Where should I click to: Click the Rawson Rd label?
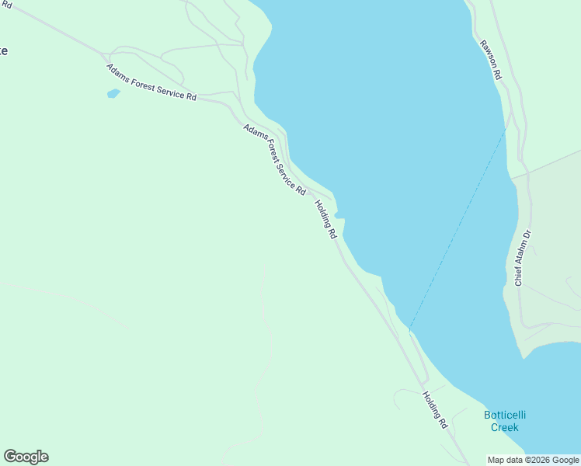pos(492,61)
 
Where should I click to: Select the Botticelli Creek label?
pos(504,421)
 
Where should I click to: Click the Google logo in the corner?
pos(26,457)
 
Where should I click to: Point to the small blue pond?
pos(113,94)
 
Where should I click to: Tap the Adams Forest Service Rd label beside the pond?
pos(151,82)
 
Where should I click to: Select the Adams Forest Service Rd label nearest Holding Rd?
pos(274,159)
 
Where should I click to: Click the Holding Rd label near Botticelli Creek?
pos(435,410)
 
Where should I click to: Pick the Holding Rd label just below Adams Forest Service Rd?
pos(325,219)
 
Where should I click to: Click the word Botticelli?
pos(504,415)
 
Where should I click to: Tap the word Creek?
pos(504,427)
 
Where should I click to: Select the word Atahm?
pos(520,256)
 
